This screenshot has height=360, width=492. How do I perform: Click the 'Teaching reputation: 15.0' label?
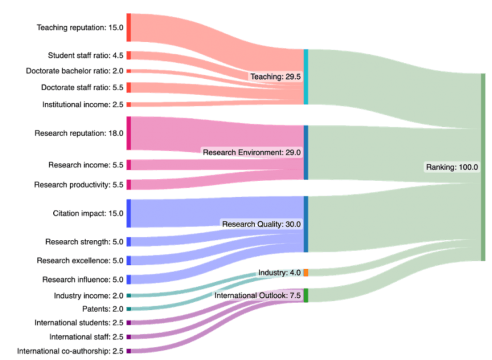(80, 27)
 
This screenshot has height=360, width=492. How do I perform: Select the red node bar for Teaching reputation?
(129, 27)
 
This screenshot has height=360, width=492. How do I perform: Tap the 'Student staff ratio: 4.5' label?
(86, 56)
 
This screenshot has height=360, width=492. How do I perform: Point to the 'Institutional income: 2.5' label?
(83, 105)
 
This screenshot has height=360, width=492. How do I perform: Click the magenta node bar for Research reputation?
(129, 133)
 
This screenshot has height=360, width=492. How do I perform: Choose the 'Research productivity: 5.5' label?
(79, 184)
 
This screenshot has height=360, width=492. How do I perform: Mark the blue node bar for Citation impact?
(129, 213)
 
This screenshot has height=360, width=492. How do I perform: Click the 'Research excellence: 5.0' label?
(80, 260)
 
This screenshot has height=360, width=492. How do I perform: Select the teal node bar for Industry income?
(129, 295)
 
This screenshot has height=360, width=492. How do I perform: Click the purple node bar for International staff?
(129, 337)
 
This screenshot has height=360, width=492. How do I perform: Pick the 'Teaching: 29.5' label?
(275, 77)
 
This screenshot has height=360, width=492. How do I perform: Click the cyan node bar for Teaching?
(306, 77)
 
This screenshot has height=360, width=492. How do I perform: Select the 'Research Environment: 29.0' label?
(252, 152)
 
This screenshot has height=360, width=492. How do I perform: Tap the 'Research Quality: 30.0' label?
(261, 224)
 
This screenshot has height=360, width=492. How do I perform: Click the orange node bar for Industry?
(306, 273)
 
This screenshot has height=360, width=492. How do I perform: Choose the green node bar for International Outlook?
(306, 295)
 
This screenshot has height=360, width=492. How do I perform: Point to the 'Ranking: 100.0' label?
(452, 167)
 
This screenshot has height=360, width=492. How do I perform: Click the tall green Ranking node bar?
(483, 167)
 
